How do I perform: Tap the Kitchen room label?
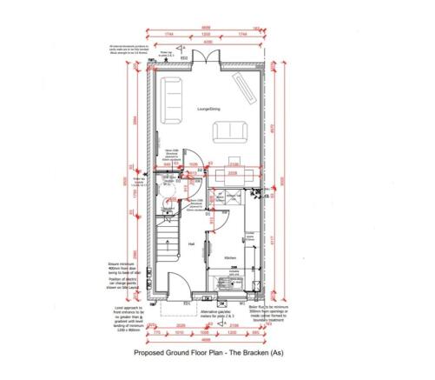pos(231,259)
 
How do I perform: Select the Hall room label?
pos(190,244)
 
